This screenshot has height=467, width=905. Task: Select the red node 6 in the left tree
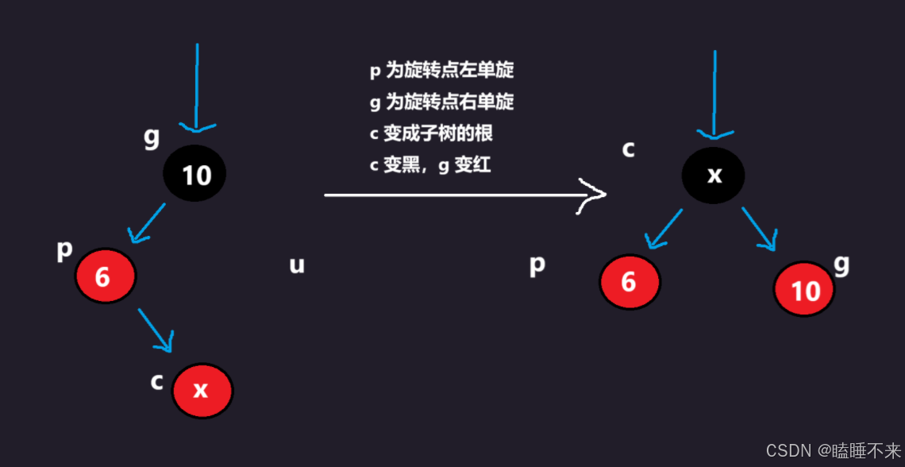(106, 276)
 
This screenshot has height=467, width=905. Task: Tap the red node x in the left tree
(202, 390)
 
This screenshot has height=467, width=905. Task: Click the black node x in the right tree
(713, 176)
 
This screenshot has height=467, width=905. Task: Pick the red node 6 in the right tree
(629, 282)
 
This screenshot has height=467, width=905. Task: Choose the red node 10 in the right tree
(803, 291)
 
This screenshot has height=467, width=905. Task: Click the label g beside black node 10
(151, 137)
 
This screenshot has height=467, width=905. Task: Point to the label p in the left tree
(64, 249)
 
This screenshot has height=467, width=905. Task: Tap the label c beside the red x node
(157, 381)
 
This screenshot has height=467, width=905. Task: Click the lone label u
(296, 265)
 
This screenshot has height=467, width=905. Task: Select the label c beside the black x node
(628, 148)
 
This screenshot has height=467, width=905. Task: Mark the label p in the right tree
(537, 264)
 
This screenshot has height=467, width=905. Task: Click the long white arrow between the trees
(464, 195)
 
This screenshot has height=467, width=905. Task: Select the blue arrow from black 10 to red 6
(147, 222)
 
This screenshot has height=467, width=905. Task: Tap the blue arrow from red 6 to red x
(156, 329)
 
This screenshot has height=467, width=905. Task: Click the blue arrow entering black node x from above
(714, 95)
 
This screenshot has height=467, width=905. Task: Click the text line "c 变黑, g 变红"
(434, 165)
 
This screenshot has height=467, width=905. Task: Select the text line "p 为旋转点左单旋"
(441, 71)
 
